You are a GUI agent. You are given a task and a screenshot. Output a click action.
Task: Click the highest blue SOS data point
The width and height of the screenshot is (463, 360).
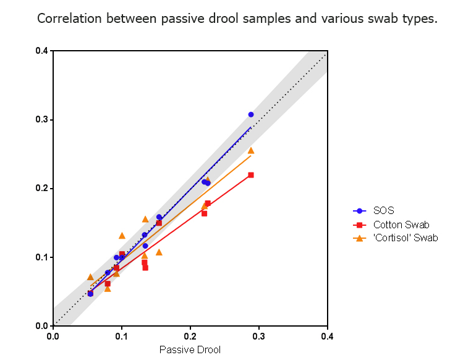pos(251,114)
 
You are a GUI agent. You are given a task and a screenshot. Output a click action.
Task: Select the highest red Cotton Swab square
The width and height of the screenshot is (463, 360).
pos(251,175)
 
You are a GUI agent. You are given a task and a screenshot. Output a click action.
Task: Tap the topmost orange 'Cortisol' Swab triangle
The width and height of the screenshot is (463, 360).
pos(251,150)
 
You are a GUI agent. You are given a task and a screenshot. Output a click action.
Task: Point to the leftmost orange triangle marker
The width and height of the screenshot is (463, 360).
pos(90,277)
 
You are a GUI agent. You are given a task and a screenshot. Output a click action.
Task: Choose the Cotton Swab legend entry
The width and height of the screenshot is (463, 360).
pos(401,225)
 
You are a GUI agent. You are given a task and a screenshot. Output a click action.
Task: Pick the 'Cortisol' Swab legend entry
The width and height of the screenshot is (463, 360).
pos(406,238)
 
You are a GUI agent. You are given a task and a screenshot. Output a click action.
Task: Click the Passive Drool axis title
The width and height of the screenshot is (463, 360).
pos(190,350)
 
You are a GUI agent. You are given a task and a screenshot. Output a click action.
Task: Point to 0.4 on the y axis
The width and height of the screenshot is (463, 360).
pos(42,51)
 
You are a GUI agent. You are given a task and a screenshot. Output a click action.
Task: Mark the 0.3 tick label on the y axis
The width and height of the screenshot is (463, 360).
pos(42,119)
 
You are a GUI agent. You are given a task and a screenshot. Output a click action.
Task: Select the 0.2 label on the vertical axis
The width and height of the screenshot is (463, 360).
pos(42,188)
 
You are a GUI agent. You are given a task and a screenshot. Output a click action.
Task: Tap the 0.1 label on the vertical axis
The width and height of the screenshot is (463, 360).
pos(42,257)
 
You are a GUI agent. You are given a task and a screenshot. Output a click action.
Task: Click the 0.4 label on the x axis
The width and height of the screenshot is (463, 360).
pos(328,337)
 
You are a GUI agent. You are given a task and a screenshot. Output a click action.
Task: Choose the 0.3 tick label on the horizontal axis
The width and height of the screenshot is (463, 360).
pos(259,337)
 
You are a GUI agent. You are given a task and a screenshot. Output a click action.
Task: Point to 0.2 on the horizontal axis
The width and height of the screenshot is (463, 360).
pos(190,337)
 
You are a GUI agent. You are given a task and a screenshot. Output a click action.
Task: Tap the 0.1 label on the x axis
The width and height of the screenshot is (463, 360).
pos(122,337)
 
